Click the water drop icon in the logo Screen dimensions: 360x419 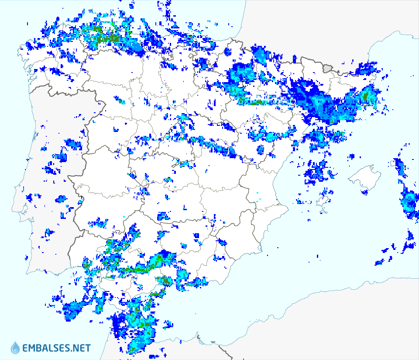(x=15, y=348)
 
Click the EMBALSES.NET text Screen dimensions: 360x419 (x=56, y=348)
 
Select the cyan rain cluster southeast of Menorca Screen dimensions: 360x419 (x=409, y=202)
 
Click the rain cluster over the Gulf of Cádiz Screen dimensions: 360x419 (x=74, y=308)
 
